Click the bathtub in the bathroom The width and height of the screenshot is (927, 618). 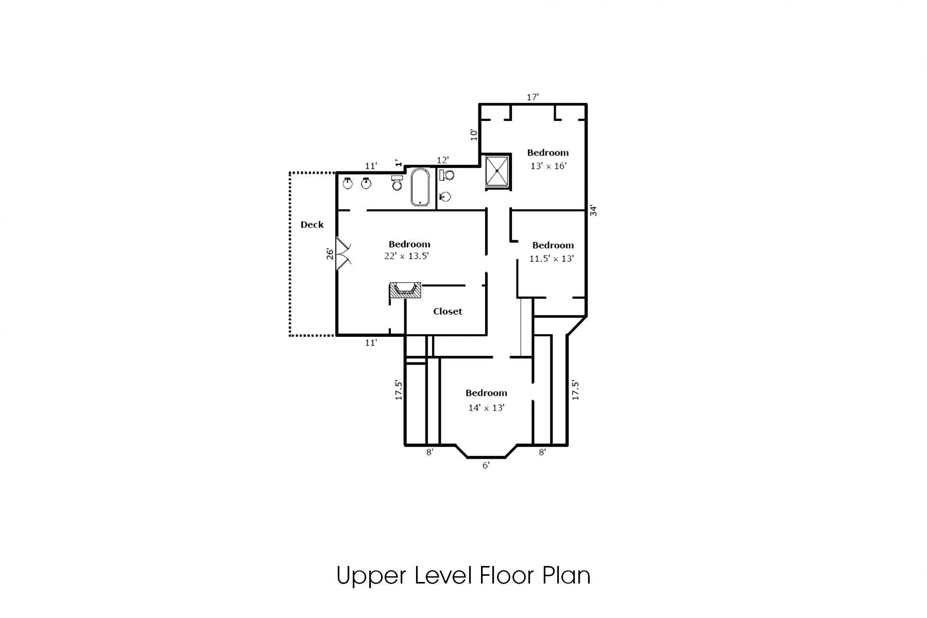[x=420, y=187]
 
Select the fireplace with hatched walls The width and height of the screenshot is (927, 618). [x=405, y=290]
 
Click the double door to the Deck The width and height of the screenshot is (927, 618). [x=342, y=253]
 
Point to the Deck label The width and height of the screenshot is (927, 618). [x=312, y=225]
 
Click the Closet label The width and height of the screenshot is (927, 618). [x=448, y=312]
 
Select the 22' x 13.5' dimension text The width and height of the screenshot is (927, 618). [x=406, y=256]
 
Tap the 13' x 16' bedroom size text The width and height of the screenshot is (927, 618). [x=548, y=166]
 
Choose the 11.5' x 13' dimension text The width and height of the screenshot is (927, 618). [x=551, y=259]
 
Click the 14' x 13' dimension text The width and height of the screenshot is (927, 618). [x=486, y=407]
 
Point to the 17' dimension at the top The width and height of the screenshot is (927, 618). [x=533, y=97]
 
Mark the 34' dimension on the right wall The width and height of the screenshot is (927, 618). [x=593, y=210]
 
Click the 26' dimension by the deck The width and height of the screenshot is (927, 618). [x=330, y=253]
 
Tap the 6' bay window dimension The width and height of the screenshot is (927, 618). [x=486, y=466]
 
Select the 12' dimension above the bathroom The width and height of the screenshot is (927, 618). [x=443, y=160]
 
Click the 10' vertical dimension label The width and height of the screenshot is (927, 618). [x=474, y=134]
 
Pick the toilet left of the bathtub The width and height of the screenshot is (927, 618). [x=397, y=183]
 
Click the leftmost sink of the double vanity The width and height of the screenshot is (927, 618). [x=348, y=183]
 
